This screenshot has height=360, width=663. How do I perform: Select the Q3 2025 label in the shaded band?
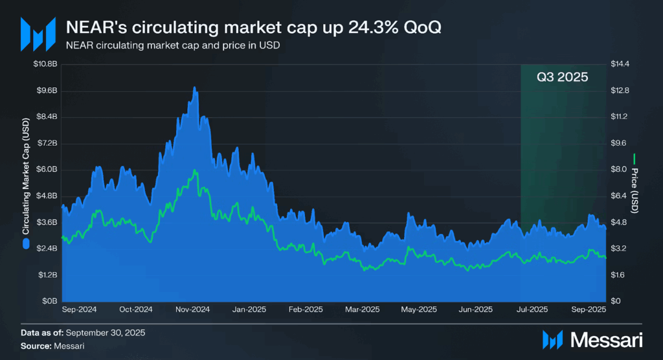click(x=562, y=77)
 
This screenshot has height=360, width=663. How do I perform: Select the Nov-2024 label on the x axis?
click(x=192, y=309)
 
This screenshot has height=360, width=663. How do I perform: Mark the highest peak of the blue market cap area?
click(x=194, y=87)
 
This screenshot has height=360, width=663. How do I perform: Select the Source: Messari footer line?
click(x=52, y=346)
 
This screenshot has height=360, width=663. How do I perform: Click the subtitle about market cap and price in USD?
click(x=172, y=47)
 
